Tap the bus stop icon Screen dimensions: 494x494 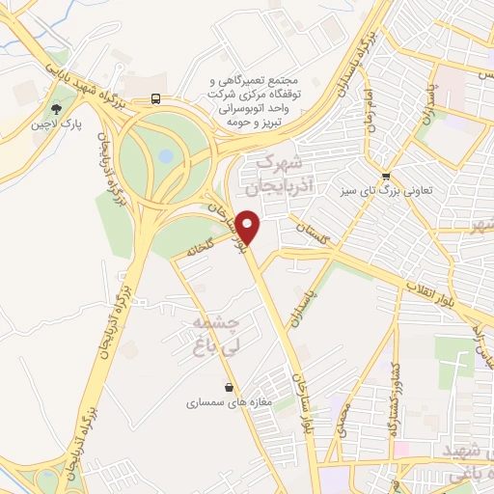click(x=156, y=98)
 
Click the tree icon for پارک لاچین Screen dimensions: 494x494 click(x=56, y=108)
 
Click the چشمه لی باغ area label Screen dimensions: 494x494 click(x=224, y=331)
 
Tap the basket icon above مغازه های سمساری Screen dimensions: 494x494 click(x=228, y=388)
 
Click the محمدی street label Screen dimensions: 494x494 click(x=343, y=416)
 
